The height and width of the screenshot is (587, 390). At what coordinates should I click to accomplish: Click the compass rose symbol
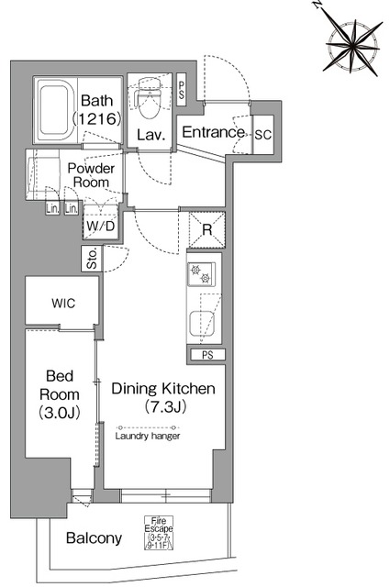point(352,45)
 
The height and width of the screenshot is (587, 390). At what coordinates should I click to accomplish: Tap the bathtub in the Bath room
point(55,110)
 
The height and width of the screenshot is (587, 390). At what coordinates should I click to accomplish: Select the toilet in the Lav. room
point(150,98)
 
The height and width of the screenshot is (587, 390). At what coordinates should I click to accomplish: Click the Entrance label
point(213,132)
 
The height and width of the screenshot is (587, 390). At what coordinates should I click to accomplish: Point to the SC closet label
point(263,135)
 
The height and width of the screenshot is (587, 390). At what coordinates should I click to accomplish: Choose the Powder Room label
point(91,175)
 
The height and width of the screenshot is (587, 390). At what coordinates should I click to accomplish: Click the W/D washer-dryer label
point(100,227)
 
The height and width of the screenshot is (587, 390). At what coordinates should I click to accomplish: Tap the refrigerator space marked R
point(206,230)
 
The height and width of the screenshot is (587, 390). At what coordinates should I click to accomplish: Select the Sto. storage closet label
point(92,259)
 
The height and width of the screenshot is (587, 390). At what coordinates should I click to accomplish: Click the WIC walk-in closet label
point(63,304)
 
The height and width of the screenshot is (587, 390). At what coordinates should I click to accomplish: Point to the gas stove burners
point(201,274)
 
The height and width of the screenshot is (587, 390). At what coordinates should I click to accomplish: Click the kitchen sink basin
point(202,324)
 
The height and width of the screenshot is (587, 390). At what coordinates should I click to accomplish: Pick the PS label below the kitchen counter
point(207,355)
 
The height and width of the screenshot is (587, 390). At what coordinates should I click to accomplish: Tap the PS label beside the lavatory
point(182,90)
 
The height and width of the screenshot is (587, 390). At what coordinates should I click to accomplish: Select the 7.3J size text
point(165,406)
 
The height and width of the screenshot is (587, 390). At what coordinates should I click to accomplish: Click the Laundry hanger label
point(148,436)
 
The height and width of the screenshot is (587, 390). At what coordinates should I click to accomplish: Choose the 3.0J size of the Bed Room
point(60,413)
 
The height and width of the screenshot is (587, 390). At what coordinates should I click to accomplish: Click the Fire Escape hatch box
point(159,533)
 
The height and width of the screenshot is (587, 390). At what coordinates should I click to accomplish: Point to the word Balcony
point(94,538)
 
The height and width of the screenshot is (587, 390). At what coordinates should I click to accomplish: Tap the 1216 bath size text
point(96,118)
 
